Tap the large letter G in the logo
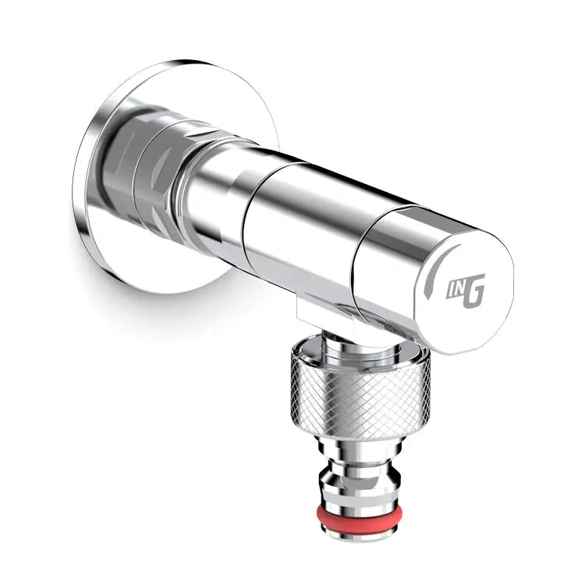point(473,291)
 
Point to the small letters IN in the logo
point(455,290)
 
